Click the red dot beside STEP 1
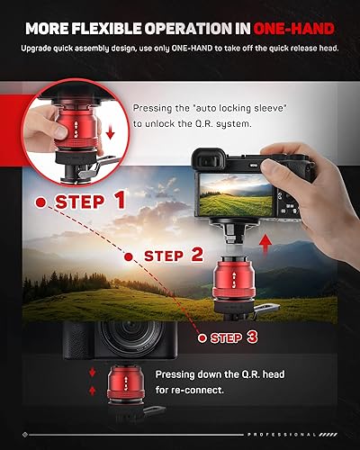[x=39, y=202]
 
